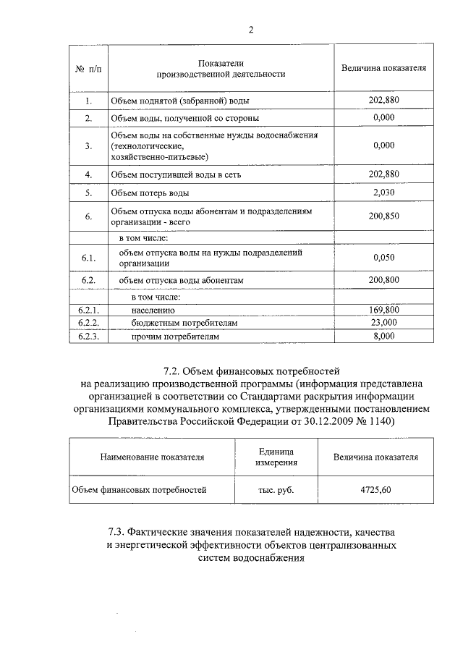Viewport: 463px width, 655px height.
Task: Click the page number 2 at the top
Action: (x=250, y=30)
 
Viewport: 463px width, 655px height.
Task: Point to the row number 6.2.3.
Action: (x=88, y=336)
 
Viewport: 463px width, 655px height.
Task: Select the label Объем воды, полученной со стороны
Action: (x=184, y=117)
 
